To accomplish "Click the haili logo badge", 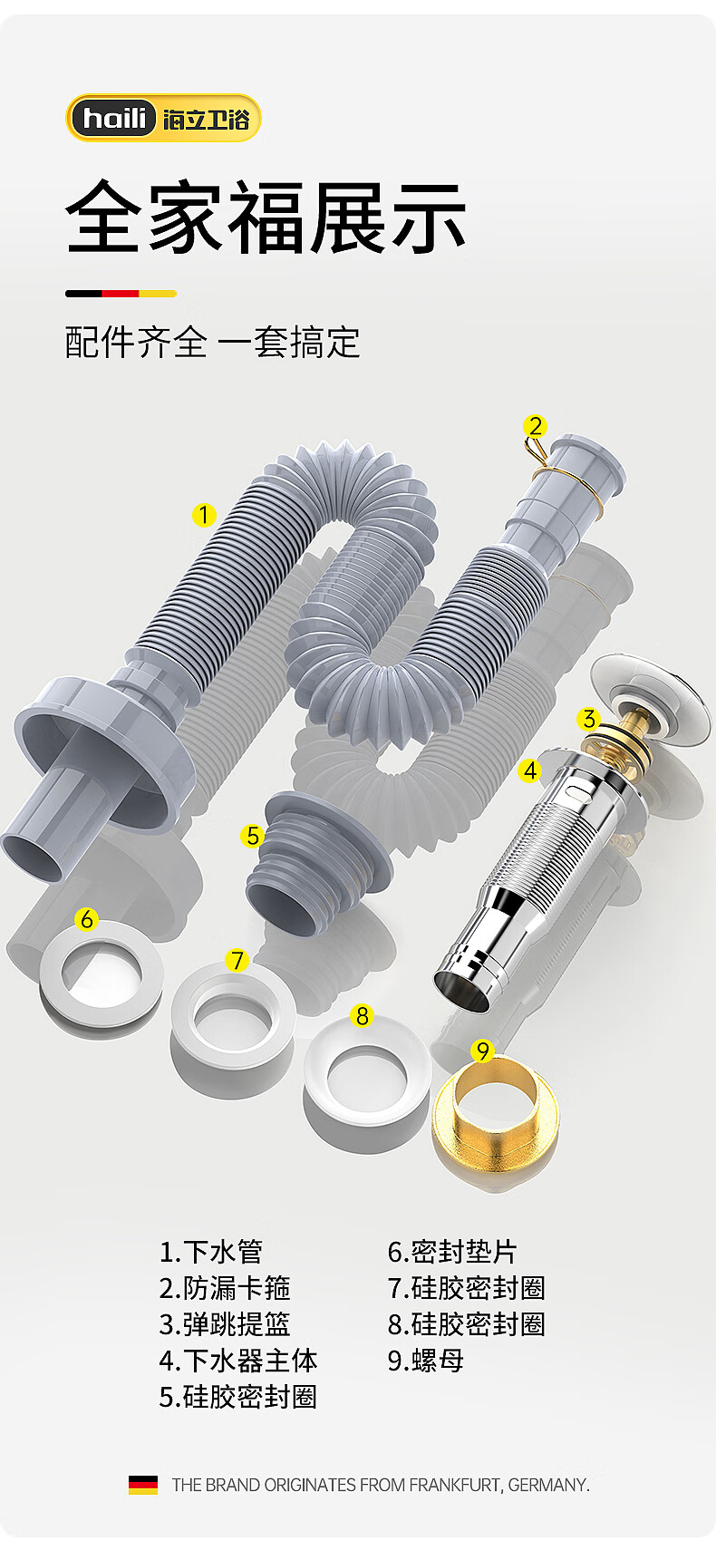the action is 163,118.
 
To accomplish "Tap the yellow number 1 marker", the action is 203,515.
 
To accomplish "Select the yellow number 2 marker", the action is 535,426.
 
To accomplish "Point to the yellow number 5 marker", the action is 253,836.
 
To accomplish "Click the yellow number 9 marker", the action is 482,1051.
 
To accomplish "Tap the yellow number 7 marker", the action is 237,961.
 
